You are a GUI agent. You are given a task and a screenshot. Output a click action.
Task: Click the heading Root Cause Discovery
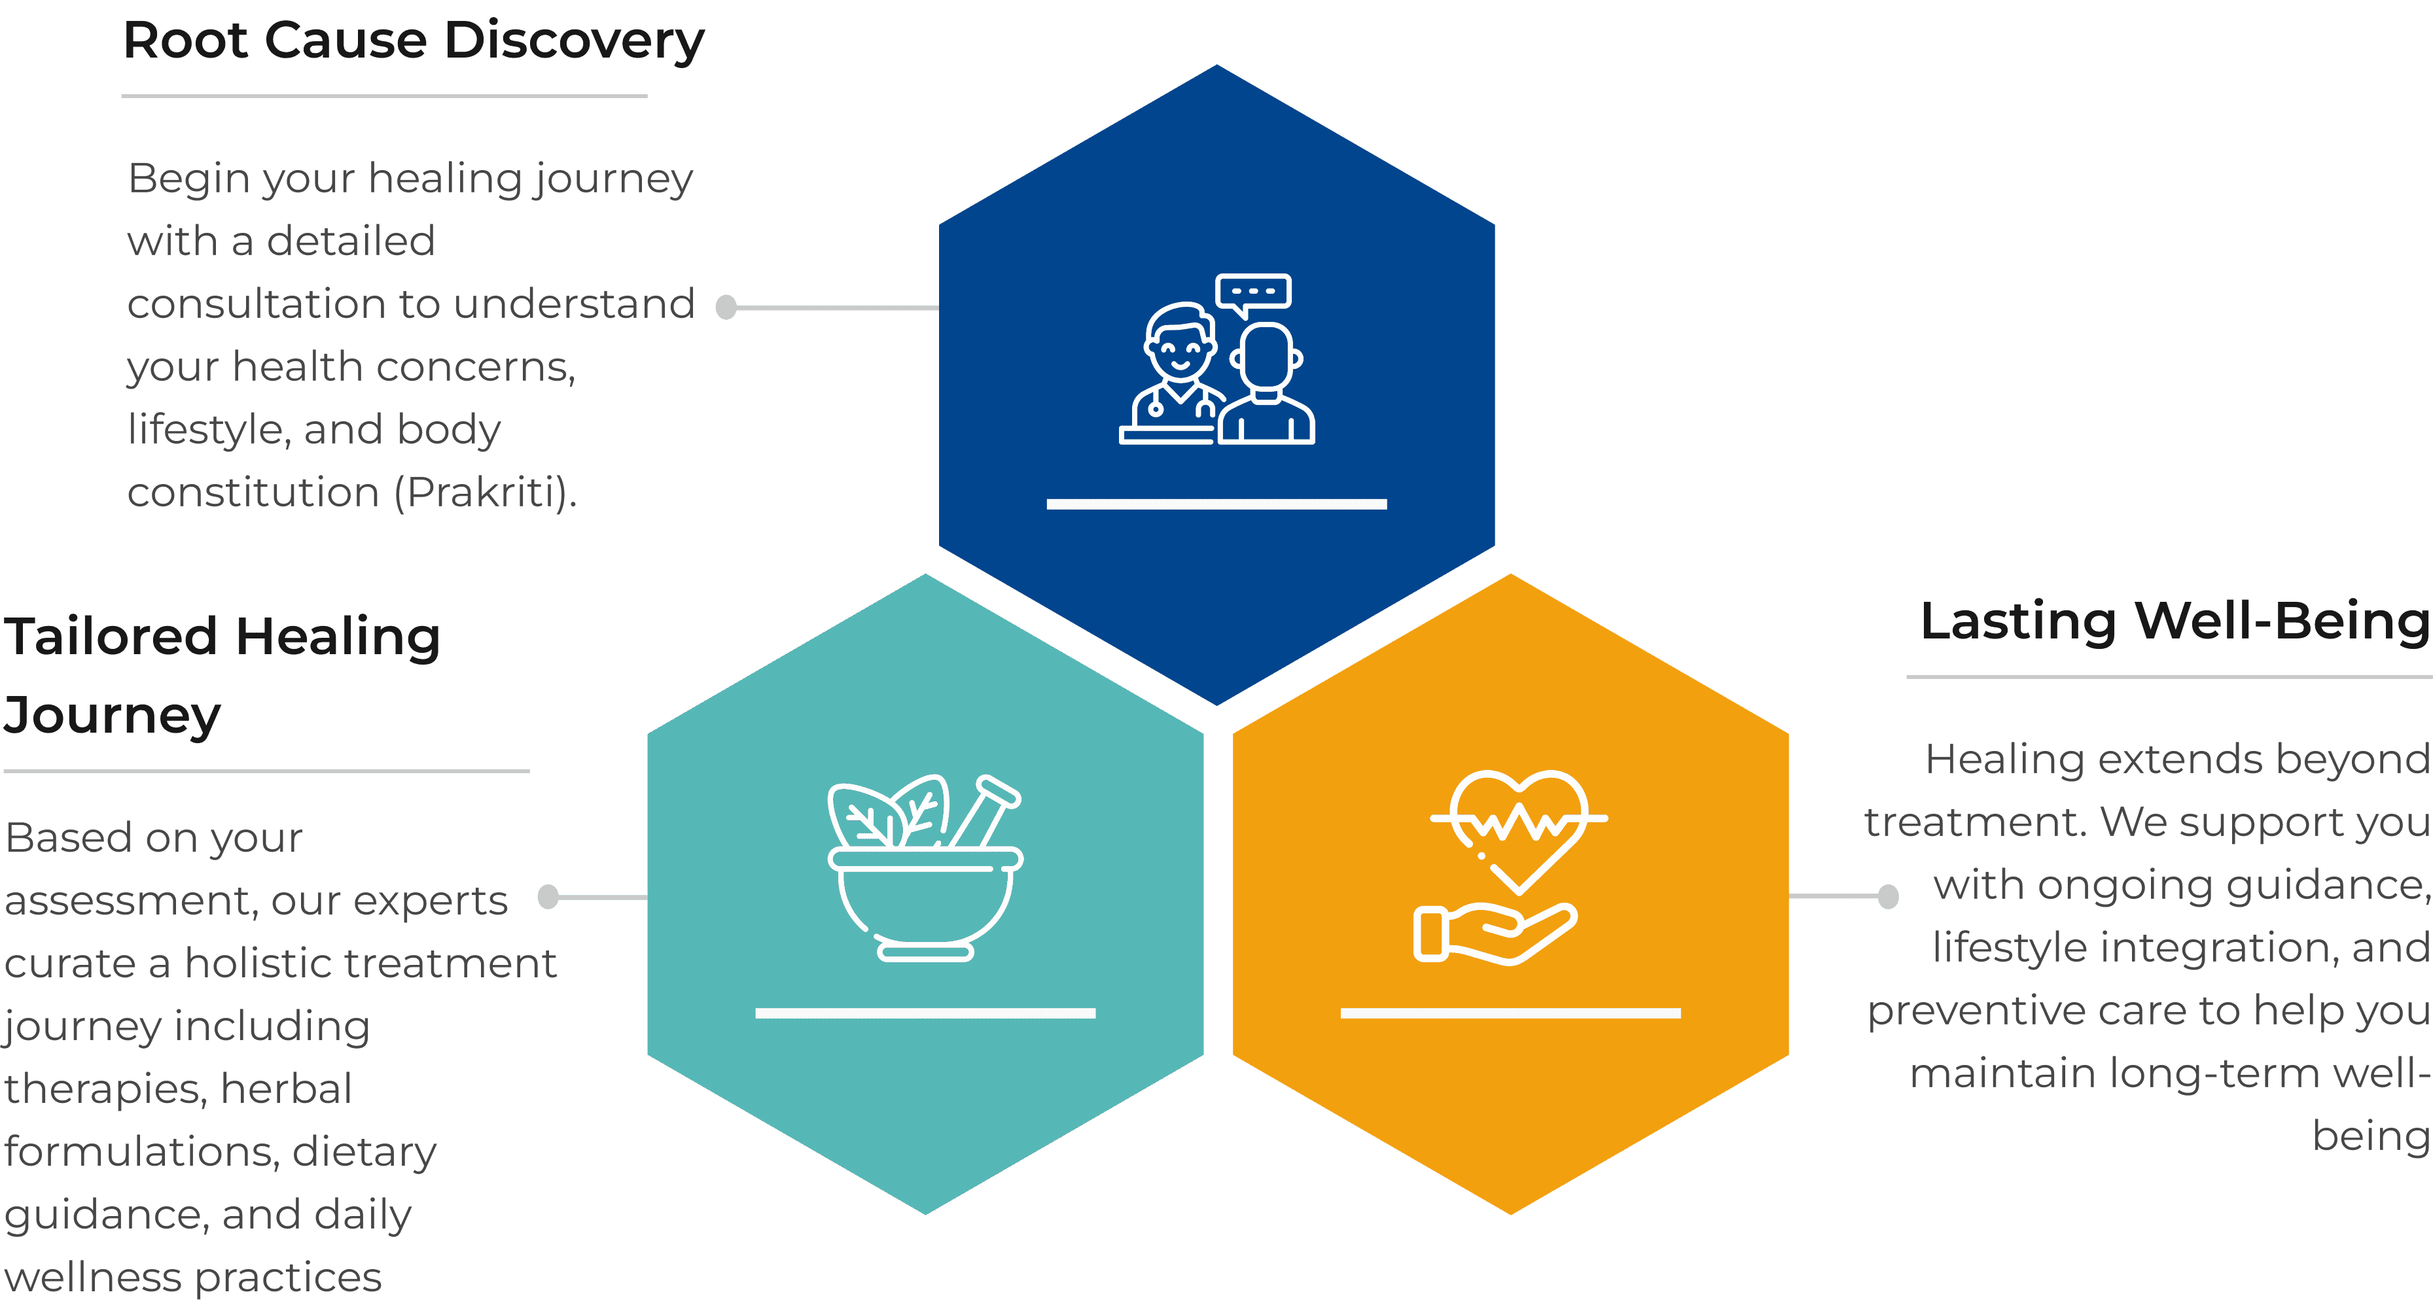[414, 43]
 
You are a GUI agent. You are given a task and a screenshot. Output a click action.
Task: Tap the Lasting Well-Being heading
[2175, 621]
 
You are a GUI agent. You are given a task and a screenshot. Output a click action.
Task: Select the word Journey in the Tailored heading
[113, 715]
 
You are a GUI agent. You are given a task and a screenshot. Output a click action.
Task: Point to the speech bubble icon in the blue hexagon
[1253, 294]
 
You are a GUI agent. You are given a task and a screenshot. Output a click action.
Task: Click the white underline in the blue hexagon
[1216, 504]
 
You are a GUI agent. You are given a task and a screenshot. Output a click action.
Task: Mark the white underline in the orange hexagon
[1510, 1013]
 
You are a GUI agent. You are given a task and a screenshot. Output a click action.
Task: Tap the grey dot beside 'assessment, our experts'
[548, 896]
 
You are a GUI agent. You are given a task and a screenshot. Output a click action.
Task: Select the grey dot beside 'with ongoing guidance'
[1888, 896]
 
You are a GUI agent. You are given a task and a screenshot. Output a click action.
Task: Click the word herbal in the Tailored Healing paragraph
[286, 1089]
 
